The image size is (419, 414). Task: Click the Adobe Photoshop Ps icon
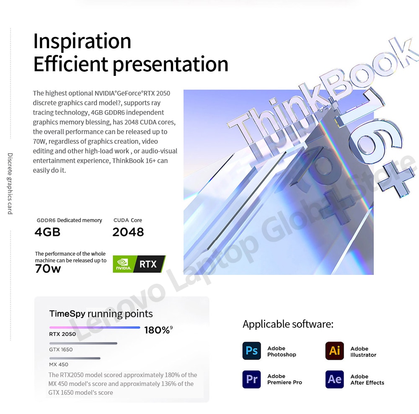coord(251,351)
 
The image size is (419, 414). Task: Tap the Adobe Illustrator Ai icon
coord(334,351)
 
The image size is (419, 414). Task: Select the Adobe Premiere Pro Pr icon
coord(251,379)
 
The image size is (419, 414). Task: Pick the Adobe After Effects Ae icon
coord(334,379)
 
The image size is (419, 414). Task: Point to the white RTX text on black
coord(148,264)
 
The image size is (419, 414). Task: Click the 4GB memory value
coord(47,232)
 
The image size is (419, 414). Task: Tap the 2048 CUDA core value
coord(128,232)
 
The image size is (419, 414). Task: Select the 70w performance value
coord(48,269)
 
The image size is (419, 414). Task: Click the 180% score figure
coord(158,330)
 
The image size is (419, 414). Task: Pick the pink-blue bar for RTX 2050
coord(95,327)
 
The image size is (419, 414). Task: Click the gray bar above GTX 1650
coord(83,344)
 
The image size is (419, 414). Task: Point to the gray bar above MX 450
coord(75,358)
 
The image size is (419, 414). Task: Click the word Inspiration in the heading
coord(82,41)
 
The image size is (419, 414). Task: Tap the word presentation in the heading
coord(171,65)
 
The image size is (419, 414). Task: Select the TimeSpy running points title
coord(101,314)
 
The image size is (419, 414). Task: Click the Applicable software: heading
coord(288,324)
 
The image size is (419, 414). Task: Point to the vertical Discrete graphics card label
coord(10,184)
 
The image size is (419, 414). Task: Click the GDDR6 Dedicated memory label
coord(69,220)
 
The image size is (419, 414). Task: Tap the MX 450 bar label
coord(59,364)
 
